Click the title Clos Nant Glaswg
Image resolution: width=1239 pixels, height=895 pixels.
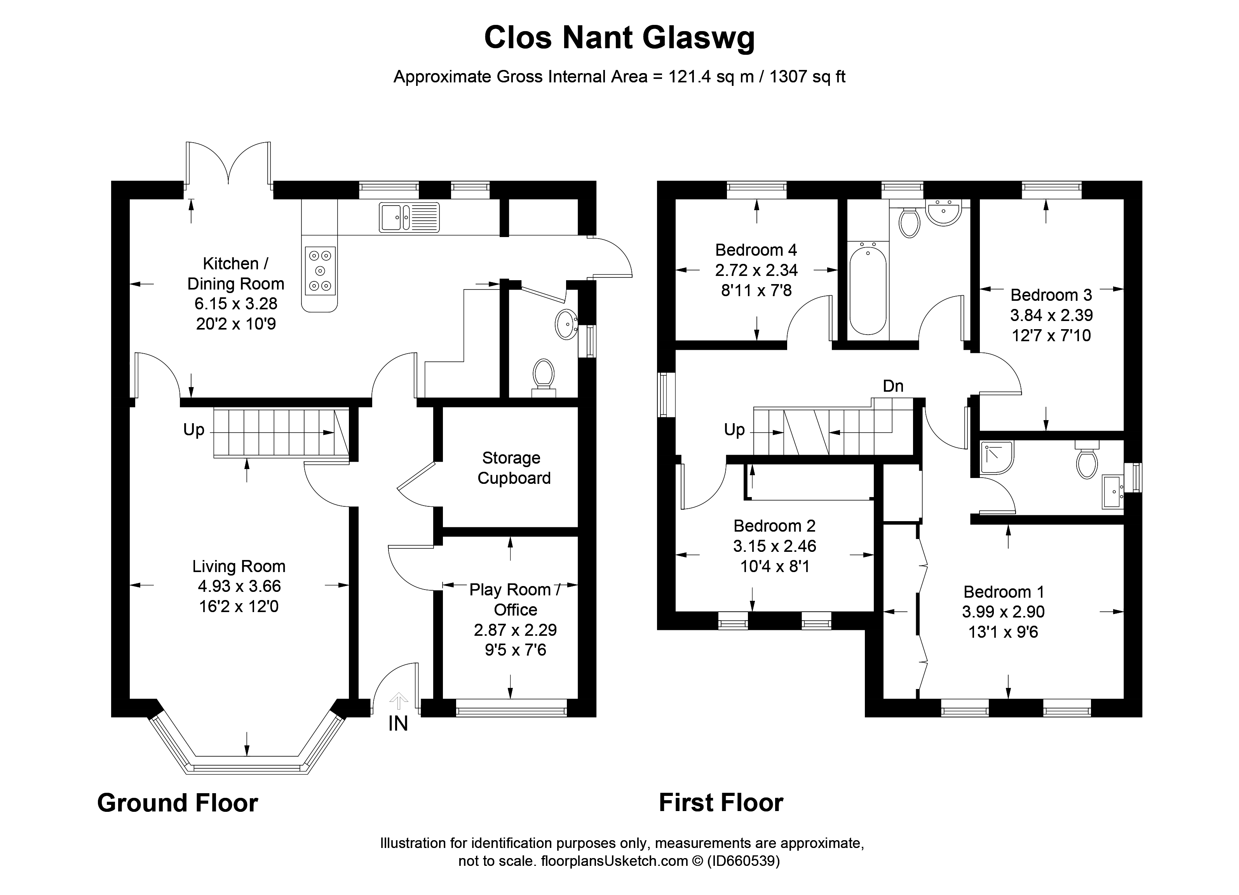pos(619,38)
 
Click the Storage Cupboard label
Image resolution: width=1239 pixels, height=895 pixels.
pos(514,468)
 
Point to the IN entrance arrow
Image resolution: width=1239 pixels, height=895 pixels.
pos(398,701)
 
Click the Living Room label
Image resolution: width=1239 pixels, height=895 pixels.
pos(239,566)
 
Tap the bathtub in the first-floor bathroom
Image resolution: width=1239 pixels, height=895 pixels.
pos(868,291)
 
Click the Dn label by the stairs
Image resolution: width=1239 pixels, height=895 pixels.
pos(893,386)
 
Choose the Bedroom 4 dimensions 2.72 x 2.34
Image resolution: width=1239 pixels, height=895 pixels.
pos(756,270)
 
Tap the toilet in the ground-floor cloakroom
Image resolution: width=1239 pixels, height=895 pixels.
pos(544,377)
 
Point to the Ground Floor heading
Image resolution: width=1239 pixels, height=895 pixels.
pos(178,803)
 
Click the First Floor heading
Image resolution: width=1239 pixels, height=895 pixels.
pos(721,803)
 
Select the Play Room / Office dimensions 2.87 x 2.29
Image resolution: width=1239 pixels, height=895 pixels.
pos(515,630)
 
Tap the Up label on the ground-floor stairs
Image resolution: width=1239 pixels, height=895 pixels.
pos(193,430)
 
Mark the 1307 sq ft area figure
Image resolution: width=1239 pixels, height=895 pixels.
pos(807,77)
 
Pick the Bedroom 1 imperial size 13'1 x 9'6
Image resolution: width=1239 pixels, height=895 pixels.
pos(1003,632)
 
